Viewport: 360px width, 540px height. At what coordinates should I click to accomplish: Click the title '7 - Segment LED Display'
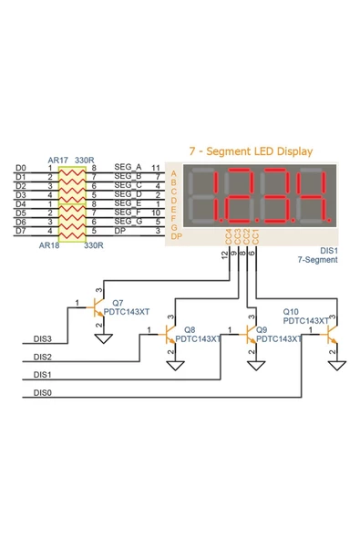click(x=250, y=151)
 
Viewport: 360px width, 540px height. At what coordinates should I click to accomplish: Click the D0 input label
click(x=21, y=169)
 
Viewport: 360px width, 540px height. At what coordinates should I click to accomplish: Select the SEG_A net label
click(x=129, y=168)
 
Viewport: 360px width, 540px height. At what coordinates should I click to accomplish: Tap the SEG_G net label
click(x=129, y=222)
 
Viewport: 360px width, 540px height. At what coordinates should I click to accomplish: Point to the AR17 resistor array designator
click(x=58, y=160)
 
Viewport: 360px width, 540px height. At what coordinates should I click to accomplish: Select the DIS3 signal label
click(x=43, y=338)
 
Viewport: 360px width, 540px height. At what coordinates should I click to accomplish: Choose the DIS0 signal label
click(x=43, y=393)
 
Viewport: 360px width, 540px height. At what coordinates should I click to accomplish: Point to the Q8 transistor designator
click(x=190, y=328)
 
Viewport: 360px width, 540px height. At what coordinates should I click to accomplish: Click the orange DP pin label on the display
click(x=176, y=237)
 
